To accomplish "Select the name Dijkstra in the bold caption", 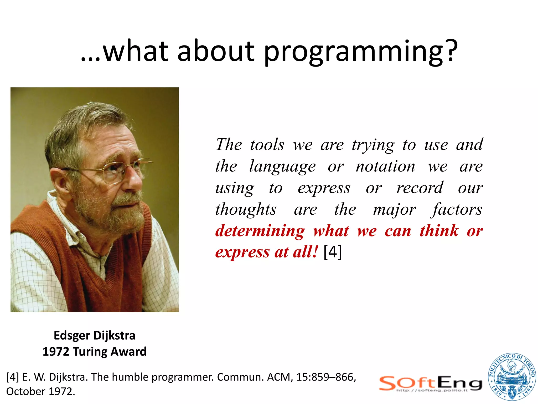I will [114, 336].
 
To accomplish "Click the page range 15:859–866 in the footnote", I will [326, 377].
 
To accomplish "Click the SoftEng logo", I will [431, 384].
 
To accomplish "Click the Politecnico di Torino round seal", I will [511, 377].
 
